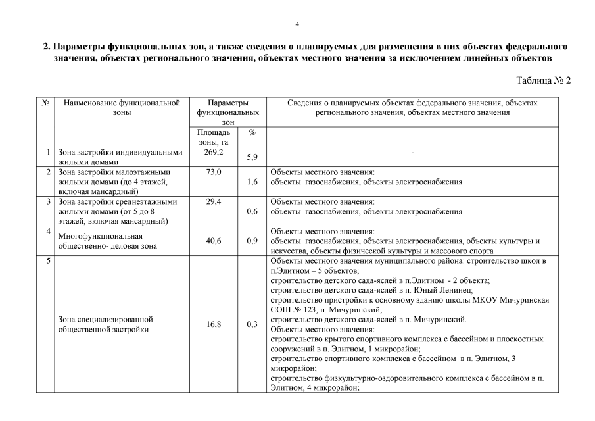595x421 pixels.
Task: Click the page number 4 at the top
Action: pyautogui.click(x=297, y=24)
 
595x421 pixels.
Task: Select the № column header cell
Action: pyautogui.click(x=46, y=103)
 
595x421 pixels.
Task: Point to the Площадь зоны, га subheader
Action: pyautogui.click(x=214, y=137)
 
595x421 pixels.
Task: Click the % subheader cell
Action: pyautogui.click(x=252, y=132)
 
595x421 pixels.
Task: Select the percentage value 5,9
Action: pyautogui.click(x=252, y=158)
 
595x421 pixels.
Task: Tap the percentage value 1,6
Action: pyautogui.click(x=252, y=182)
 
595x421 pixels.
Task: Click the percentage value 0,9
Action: pyautogui.click(x=252, y=241)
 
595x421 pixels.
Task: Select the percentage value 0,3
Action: pyautogui.click(x=252, y=324)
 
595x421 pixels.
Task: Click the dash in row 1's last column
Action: pyautogui.click(x=412, y=153)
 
